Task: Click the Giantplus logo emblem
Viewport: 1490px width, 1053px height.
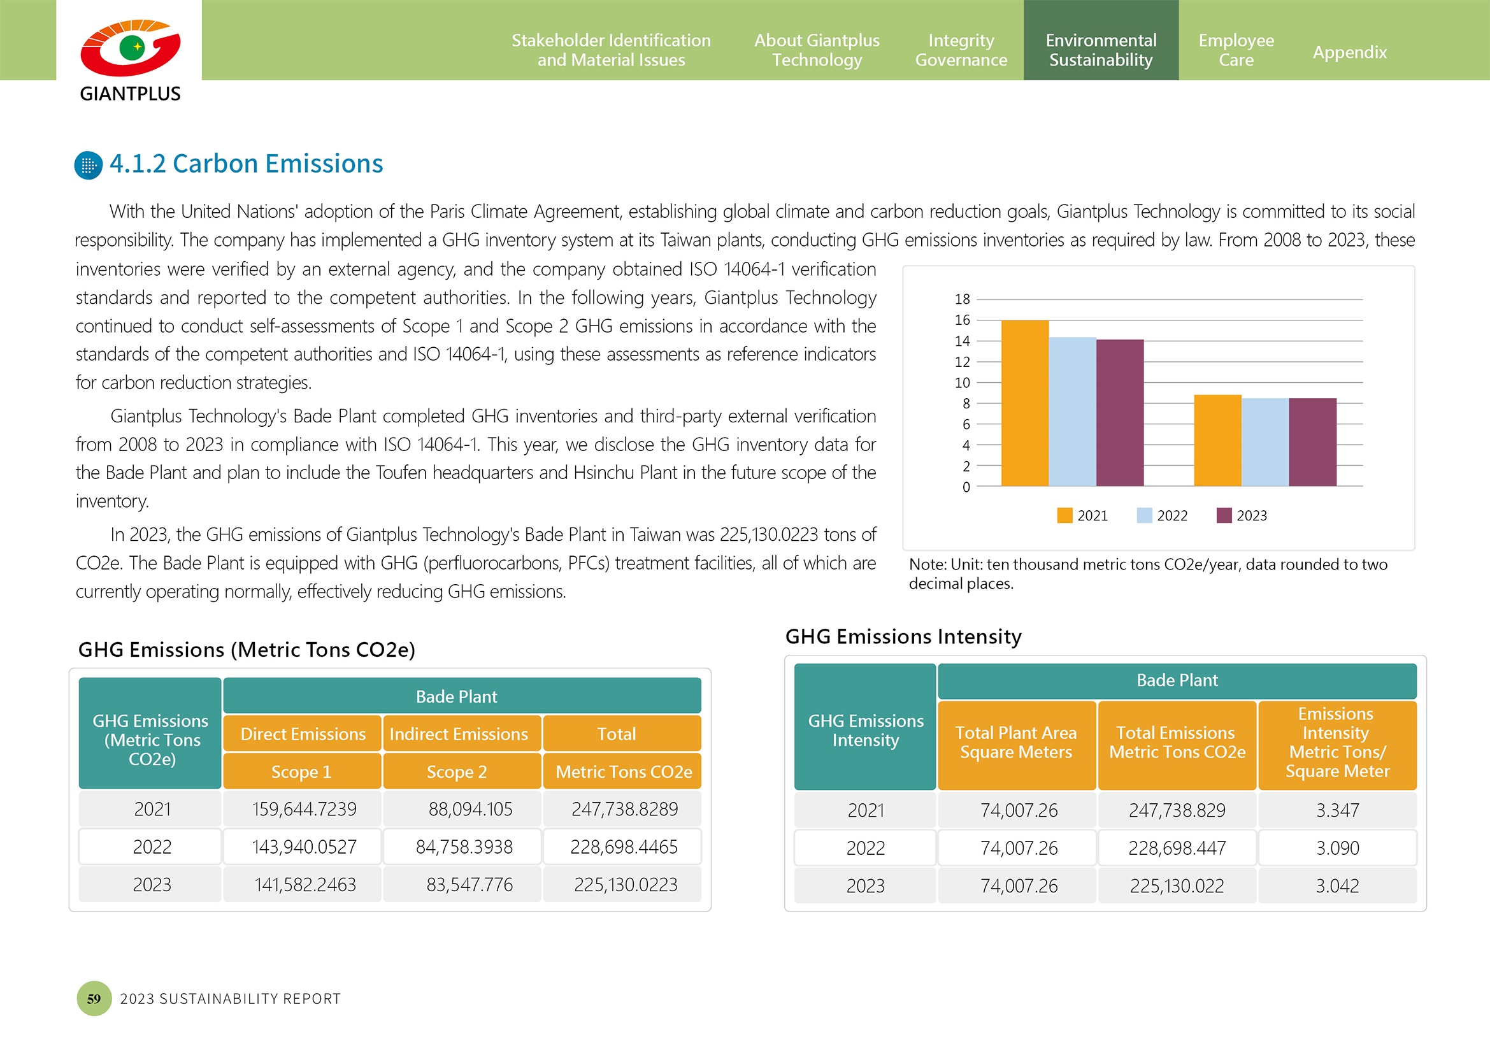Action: tap(131, 47)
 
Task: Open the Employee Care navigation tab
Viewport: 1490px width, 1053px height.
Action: tap(1236, 50)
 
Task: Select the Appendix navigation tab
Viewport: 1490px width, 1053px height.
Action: tap(1349, 52)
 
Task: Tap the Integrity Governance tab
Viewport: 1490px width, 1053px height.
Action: tap(961, 50)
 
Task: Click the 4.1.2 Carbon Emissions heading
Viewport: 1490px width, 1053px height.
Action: tap(246, 164)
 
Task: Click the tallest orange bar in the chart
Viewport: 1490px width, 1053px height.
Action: tap(1025, 403)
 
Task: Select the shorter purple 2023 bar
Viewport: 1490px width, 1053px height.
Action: tap(1312, 442)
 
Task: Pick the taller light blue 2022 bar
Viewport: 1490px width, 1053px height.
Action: tap(1072, 412)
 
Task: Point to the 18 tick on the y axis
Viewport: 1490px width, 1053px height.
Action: tap(962, 299)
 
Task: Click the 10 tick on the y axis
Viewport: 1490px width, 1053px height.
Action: tap(962, 383)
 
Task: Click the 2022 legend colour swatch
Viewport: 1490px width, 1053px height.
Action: tap(1144, 515)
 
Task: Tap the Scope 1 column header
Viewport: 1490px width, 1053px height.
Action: tap(302, 771)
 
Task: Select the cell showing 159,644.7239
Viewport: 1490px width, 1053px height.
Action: tap(304, 809)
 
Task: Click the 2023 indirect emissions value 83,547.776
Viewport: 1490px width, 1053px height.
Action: tap(469, 884)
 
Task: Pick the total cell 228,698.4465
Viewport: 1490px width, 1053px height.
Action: tap(624, 847)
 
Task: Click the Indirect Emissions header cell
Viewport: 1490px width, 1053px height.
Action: tap(459, 734)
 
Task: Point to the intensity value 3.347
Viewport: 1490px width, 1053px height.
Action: tap(1337, 810)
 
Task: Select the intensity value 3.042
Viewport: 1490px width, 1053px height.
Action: tap(1337, 885)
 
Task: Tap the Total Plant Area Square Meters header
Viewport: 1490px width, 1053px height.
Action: tap(1016, 743)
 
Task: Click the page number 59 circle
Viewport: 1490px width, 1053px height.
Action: tap(94, 998)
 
